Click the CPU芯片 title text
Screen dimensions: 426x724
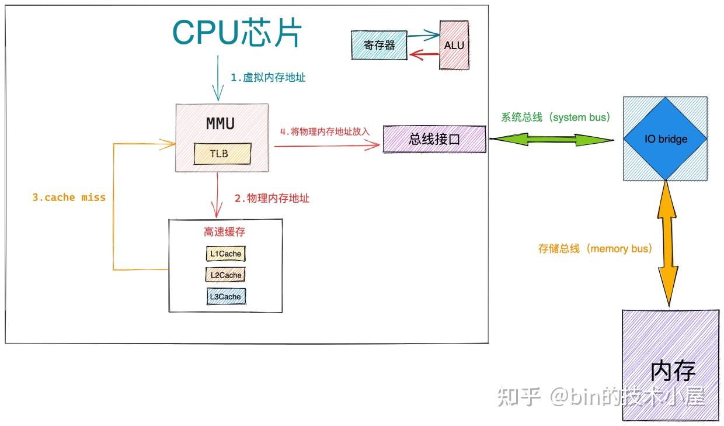(237, 33)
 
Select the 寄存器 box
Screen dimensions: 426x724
(380, 45)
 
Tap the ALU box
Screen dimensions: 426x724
(454, 45)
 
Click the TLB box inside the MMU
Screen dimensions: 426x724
(222, 154)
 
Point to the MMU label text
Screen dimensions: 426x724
(220, 124)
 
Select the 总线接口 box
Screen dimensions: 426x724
(434, 139)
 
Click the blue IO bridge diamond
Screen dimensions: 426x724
(666, 139)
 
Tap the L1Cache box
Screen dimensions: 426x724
(225, 254)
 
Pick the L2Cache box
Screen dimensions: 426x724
(225, 275)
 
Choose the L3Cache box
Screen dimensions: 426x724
(225, 296)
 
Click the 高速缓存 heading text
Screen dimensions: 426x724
(224, 232)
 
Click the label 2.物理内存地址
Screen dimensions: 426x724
(272, 198)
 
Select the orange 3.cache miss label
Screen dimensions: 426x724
(69, 198)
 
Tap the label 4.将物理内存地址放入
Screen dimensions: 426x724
(325, 131)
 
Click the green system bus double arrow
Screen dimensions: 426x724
(551, 140)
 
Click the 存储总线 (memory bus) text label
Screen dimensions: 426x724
(595, 248)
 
